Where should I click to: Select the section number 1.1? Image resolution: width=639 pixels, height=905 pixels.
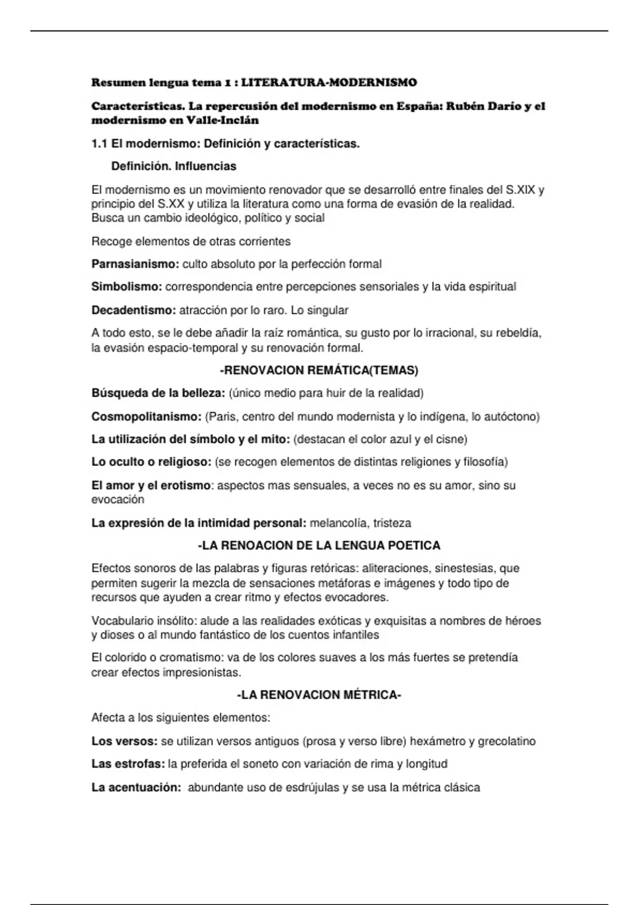pos(100,144)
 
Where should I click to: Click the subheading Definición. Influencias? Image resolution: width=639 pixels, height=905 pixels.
pos(174,166)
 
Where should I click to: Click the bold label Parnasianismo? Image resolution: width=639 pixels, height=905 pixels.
pos(135,264)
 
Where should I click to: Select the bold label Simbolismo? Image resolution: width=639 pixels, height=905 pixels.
pos(127,287)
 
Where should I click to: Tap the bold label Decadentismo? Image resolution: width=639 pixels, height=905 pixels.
pos(134,310)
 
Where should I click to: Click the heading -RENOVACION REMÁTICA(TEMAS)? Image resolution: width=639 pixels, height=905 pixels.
pos(319,371)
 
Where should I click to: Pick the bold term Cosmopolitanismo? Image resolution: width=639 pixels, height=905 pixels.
pos(146,417)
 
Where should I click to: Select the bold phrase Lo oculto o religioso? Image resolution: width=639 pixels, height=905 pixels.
pos(152,462)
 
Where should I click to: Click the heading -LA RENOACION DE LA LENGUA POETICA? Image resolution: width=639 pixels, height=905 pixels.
pos(319,546)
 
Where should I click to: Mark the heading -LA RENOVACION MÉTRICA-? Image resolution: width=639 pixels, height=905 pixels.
pos(319,695)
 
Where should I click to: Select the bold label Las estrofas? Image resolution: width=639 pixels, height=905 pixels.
pos(128,764)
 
